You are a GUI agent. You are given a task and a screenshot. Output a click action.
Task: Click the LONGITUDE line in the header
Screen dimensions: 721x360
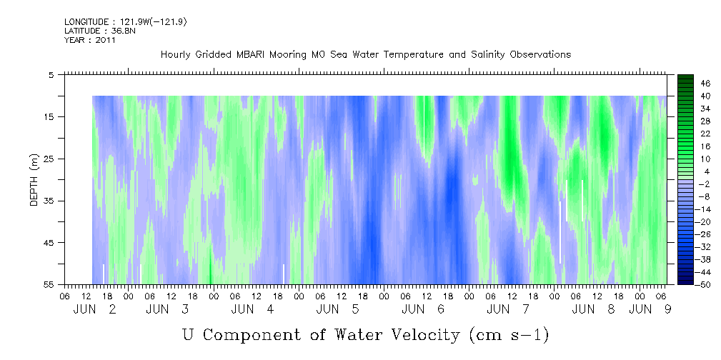tap(126, 21)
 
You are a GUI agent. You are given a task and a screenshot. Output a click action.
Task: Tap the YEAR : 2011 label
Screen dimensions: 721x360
tap(90, 40)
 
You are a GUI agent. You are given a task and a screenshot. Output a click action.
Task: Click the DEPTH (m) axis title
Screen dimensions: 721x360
tap(34, 179)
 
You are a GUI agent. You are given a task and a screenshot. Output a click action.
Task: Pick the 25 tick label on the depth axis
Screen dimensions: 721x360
tap(50, 159)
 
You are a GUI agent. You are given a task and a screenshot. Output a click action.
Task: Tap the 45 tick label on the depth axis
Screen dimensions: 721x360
tap(50, 243)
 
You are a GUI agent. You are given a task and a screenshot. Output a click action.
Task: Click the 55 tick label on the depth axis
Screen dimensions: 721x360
tap(50, 284)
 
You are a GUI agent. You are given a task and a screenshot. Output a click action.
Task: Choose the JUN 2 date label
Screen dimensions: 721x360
tap(95, 309)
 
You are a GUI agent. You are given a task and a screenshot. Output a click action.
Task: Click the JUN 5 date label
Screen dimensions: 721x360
tap(338, 309)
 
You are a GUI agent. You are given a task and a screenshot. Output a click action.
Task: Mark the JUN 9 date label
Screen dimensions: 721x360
tap(650, 309)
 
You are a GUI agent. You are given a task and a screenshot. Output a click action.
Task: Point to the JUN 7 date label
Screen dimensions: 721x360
tap(508, 309)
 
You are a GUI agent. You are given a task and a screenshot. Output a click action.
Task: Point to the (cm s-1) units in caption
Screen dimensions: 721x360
tap(509, 335)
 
